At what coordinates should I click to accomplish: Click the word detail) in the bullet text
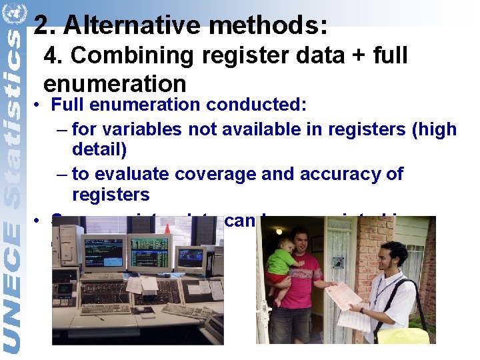99,149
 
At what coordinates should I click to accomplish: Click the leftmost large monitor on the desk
102,254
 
